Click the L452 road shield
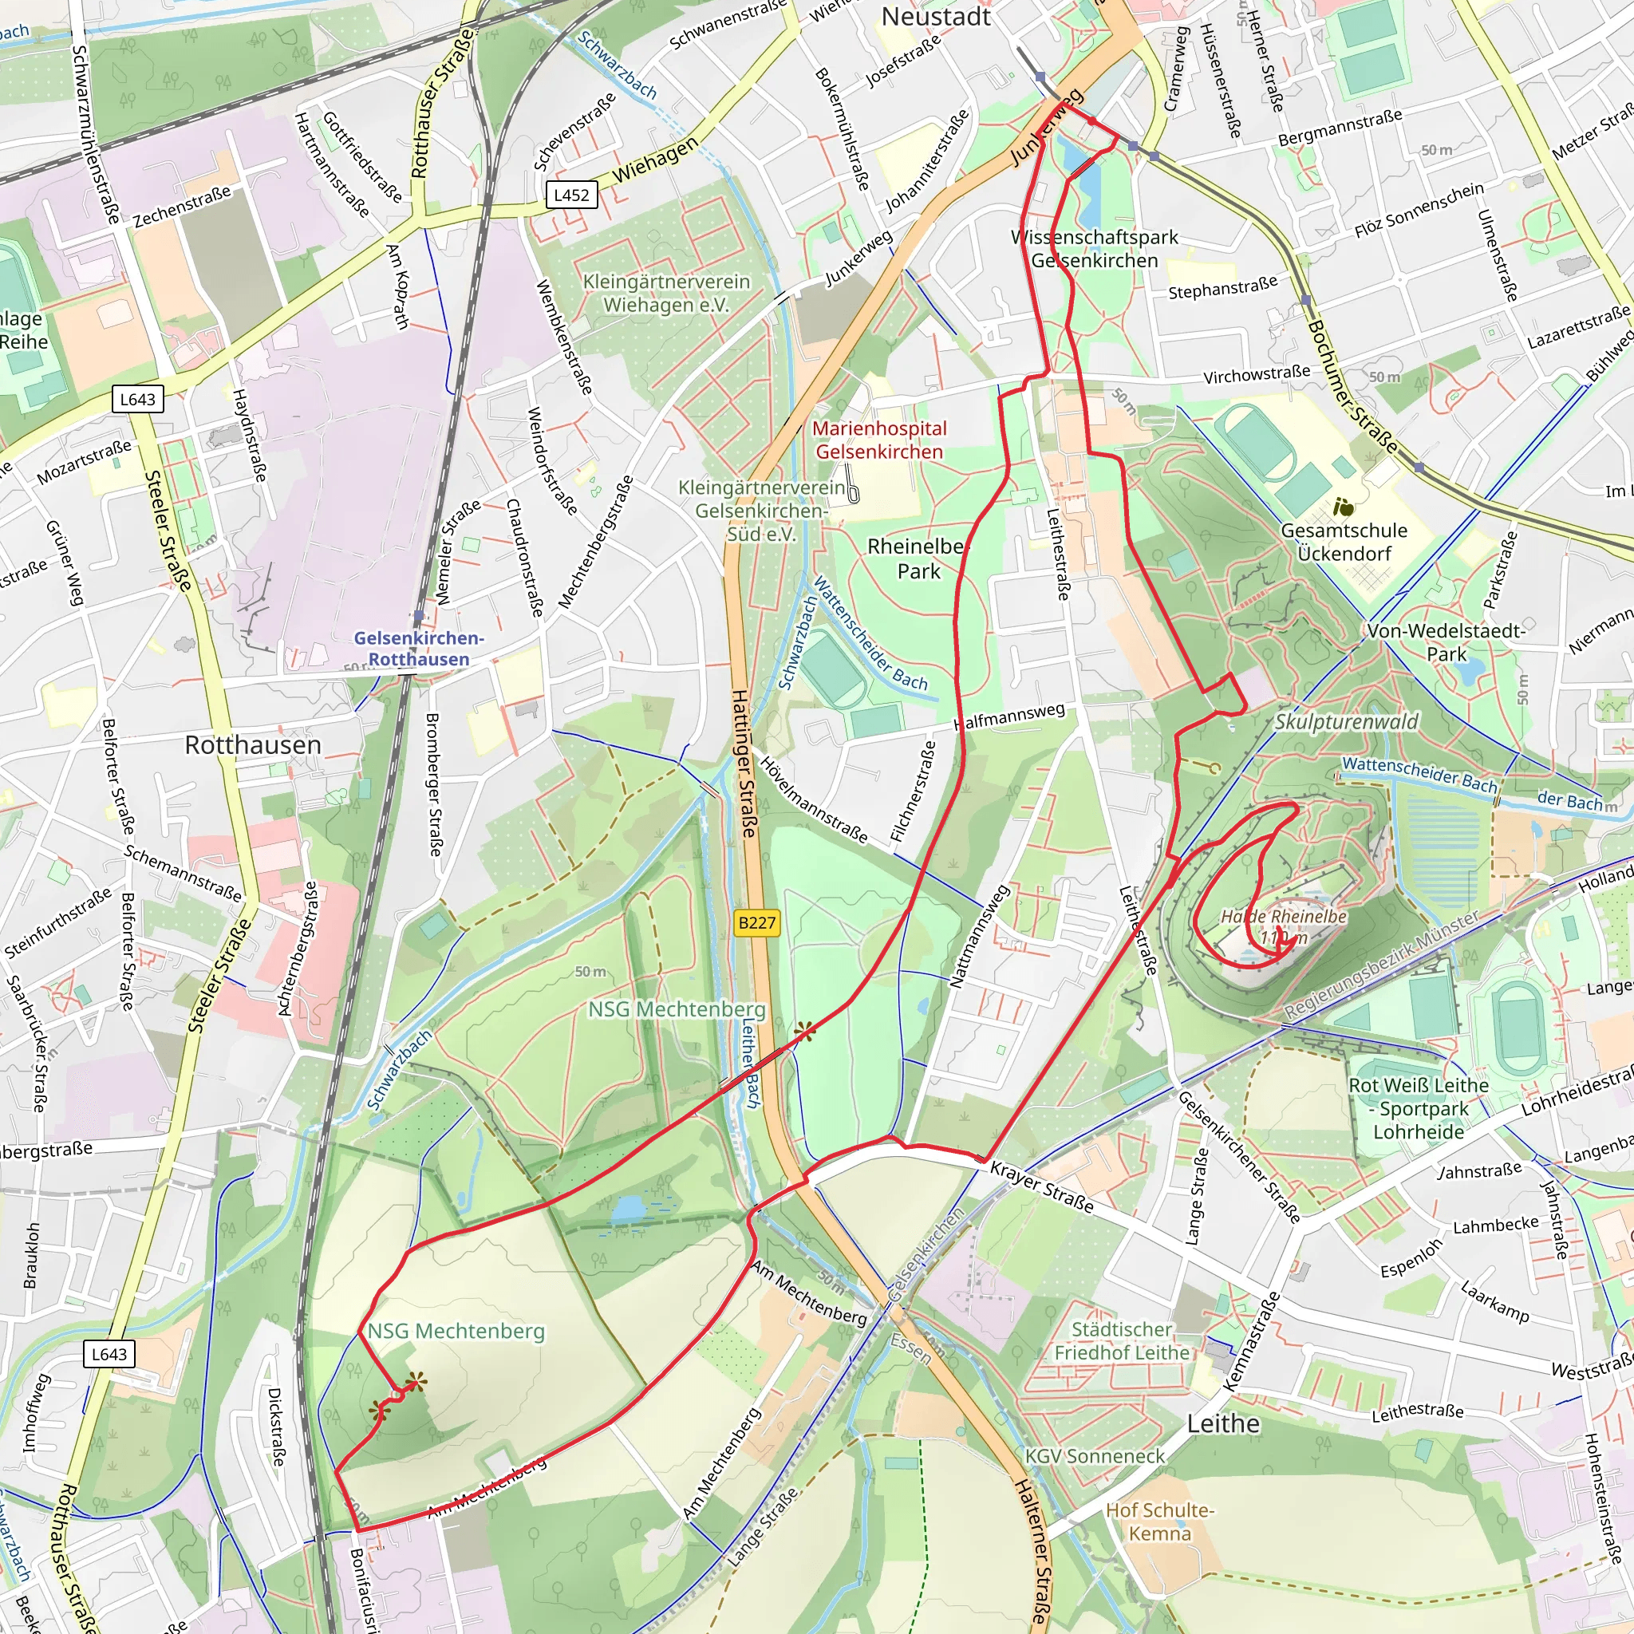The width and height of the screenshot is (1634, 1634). pyautogui.click(x=572, y=195)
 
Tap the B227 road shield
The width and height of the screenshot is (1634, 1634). pyautogui.click(x=757, y=923)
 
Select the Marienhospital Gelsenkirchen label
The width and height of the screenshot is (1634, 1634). pyautogui.click(x=878, y=440)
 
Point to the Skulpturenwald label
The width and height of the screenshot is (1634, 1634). pyautogui.click(x=1347, y=721)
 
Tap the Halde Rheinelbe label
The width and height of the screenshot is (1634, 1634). pyautogui.click(x=1283, y=917)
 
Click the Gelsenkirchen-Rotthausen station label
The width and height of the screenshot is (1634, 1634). pyautogui.click(x=419, y=649)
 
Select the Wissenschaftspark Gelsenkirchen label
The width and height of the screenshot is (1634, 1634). pyautogui.click(x=1095, y=249)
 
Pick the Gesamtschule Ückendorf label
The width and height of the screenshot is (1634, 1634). pyautogui.click(x=1344, y=542)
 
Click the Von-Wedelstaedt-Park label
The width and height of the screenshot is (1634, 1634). pyautogui.click(x=1447, y=643)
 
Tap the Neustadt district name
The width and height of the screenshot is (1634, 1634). pyautogui.click(x=935, y=17)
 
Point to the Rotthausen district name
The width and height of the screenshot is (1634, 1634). pyautogui.click(x=253, y=745)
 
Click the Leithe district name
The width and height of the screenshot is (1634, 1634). pyautogui.click(x=1223, y=1423)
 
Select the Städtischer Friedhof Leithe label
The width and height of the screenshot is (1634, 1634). pyautogui.click(x=1122, y=1341)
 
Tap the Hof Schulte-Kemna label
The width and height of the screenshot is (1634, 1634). pyautogui.click(x=1159, y=1522)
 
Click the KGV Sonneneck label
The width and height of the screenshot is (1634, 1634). pyautogui.click(x=1095, y=1456)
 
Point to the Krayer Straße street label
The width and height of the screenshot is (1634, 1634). pyautogui.click(x=1041, y=1186)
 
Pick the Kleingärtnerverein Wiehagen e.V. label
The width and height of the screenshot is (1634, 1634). pyautogui.click(x=666, y=293)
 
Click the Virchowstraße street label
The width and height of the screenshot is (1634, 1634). pyautogui.click(x=1257, y=374)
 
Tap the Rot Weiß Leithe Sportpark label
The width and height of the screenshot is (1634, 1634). pyautogui.click(x=1419, y=1108)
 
